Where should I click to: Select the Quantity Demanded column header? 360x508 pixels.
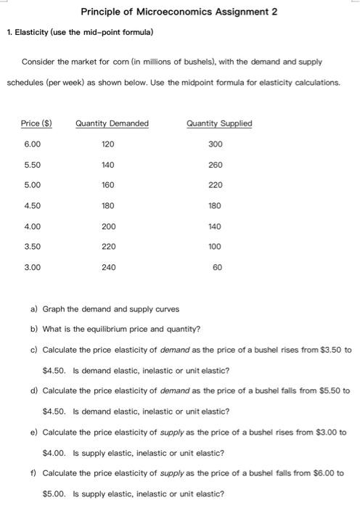point(112,123)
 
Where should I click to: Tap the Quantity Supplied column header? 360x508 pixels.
point(219,123)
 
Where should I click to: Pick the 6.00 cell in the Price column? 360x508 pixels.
point(32,144)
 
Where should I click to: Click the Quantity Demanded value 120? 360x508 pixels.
point(108,144)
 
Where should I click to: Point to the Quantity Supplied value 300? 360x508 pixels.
point(215,144)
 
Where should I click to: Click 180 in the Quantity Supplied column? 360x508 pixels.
point(215,206)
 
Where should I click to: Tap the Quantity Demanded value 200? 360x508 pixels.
point(108,226)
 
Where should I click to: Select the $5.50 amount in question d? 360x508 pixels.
point(330,390)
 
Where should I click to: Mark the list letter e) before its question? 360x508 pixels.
point(34,432)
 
